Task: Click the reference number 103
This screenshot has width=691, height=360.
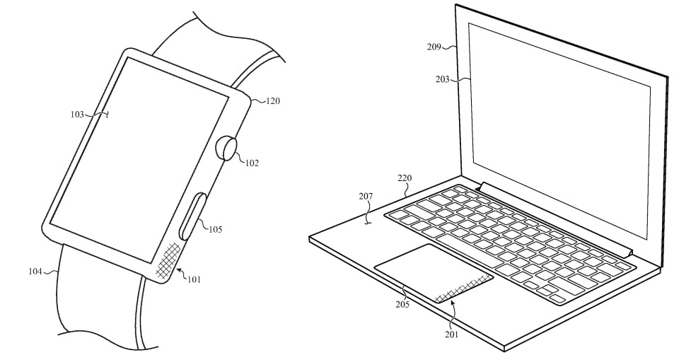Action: pyautogui.click(x=77, y=114)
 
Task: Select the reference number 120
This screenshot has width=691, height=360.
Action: pyautogui.click(x=272, y=101)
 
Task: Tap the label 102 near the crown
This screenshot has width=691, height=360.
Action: pyautogui.click(x=252, y=163)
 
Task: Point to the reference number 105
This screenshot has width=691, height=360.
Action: pyautogui.click(x=215, y=228)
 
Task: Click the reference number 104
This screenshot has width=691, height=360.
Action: pyautogui.click(x=35, y=271)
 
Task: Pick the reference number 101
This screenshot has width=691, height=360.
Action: pyautogui.click(x=193, y=279)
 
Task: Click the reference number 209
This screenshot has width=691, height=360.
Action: pyautogui.click(x=434, y=47)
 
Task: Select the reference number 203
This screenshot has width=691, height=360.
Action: pyautogui.click(x=443, y=79)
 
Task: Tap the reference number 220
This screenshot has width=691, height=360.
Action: pyautogui.click(x=405, y=179)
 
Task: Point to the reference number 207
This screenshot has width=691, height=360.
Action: pyautogui.click(x=365, y=197)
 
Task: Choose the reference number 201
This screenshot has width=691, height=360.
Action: pyautogui.click(x=451, y=334)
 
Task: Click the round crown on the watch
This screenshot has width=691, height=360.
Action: pyautogui.click(x=226, y=149)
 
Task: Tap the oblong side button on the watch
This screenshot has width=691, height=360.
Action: pyautogui.click(x=191, y=216)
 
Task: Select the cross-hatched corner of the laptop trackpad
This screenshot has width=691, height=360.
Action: pyautogui.click(x=460, y=290)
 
